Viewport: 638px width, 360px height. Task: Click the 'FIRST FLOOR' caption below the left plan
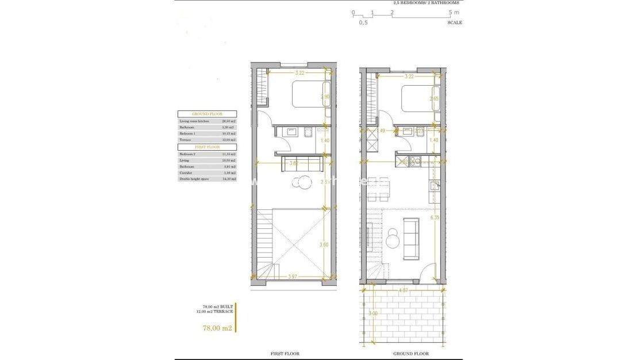285,354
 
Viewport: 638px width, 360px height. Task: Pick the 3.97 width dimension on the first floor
293,277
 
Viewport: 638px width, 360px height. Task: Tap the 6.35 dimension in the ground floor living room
435,218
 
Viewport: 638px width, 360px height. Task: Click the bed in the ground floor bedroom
418,99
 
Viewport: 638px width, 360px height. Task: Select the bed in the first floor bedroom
310,95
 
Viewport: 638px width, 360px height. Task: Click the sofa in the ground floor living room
412,239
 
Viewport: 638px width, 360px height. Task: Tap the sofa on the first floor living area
301,164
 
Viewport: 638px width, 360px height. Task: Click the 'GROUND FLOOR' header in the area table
207,114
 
